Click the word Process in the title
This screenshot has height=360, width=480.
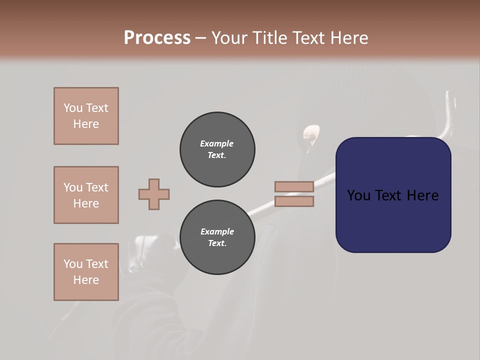point(157,38)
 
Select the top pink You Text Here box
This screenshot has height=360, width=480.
point(86,116)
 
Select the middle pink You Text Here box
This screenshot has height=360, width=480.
point(86,195)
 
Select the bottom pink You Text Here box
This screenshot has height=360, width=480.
point(86,272)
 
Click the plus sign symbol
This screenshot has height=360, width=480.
point(154,194)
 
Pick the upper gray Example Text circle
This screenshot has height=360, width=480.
point(217,149)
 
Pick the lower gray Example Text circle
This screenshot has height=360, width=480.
point(217,237)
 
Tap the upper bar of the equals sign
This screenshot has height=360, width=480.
point(294,186)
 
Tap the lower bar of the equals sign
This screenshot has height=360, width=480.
point(294,201)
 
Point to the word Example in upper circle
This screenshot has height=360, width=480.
point(217,143)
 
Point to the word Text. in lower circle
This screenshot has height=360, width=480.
point(217,243)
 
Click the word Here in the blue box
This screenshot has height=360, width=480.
point(422,195)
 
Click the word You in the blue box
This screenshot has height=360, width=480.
point(358,195)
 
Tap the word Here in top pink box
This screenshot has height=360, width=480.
point(86,124)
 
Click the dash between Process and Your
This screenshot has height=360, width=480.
point(200,38)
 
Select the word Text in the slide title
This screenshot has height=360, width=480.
point(305,38)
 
